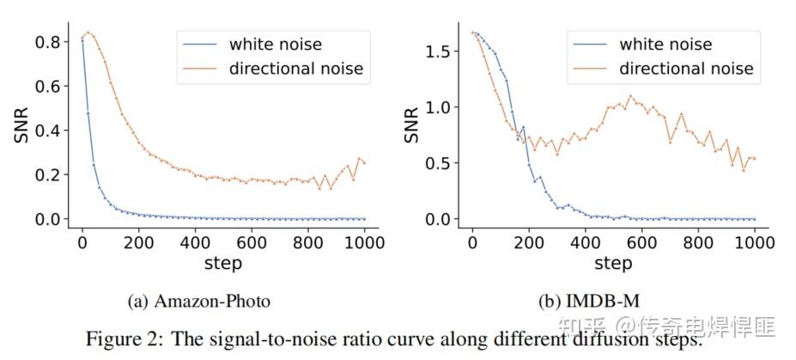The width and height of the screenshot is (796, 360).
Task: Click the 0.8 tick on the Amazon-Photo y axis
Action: tap(50, 41)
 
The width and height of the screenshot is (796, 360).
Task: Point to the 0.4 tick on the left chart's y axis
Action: tap(50, 131)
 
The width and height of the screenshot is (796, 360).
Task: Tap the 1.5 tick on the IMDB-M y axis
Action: tap(440, 52)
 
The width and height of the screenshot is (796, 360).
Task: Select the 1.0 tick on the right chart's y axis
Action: tap(440, 107)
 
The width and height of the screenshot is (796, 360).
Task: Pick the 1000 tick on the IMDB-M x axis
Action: tap(755, 242)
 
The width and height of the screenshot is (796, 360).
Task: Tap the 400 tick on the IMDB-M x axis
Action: tap(585, 242)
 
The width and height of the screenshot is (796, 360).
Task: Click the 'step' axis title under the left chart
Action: tap(224, 262)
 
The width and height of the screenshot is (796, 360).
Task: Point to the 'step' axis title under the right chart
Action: tap(613, 262)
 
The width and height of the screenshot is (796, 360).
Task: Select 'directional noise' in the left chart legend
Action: tap(296, 69)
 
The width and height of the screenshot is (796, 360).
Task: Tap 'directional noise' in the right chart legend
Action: tap(686, 69)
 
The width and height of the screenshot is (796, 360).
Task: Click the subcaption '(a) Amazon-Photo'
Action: tap(198, 301)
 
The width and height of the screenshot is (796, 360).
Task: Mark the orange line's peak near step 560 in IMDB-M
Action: tap(630, 95)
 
